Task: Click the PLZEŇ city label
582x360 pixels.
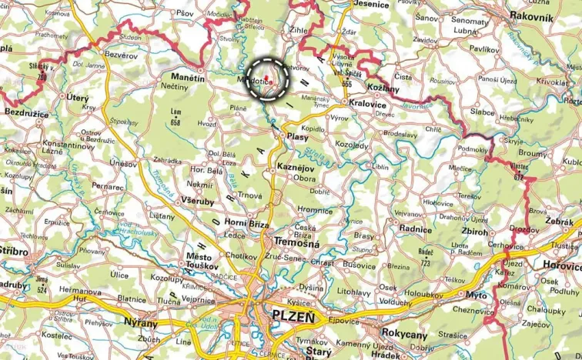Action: (293, 315)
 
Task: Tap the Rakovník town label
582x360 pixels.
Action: (530, 17)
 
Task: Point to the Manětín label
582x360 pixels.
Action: (188, 78)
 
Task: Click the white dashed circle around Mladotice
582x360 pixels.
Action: (268, 78)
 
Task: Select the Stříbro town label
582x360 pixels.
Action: (14, 252)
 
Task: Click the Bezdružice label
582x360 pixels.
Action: (27, 113)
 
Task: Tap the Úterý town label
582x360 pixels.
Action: (78, 98)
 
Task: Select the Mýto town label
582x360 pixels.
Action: (477, 295)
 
